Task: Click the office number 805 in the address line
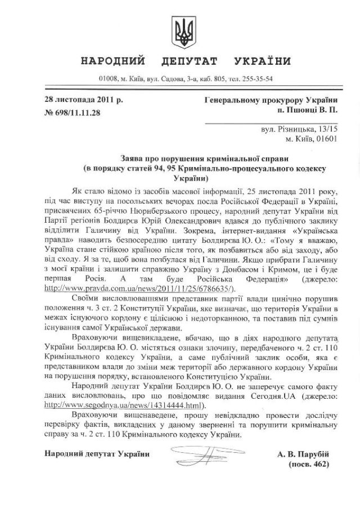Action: (219, 78)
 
